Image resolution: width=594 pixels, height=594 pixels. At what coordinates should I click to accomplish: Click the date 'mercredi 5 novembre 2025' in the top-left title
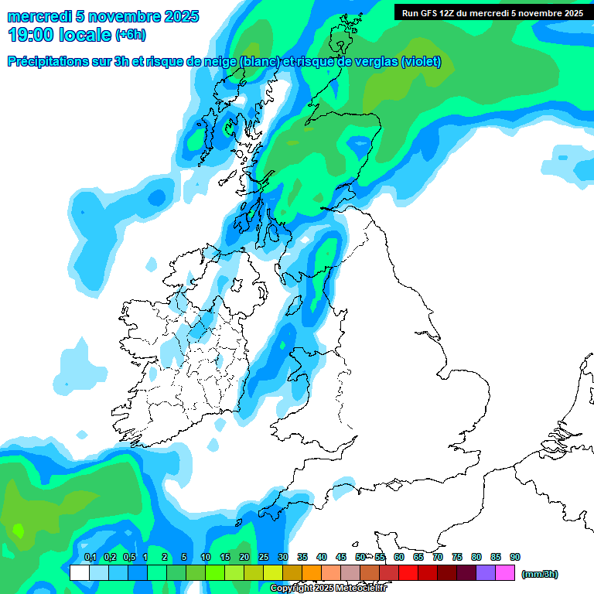(103, 16)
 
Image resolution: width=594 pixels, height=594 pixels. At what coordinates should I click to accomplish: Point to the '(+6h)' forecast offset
(130, 35)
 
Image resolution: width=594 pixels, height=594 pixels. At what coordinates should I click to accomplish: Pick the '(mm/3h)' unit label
(540, 574)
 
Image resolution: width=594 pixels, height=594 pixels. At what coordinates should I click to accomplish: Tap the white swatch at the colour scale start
(79, 573)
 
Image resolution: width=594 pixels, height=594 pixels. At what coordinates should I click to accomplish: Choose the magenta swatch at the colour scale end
(505, 573)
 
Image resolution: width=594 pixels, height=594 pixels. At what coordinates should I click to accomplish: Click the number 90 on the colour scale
(515, 557)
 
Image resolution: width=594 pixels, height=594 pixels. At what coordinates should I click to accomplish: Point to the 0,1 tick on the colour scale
(90, 557)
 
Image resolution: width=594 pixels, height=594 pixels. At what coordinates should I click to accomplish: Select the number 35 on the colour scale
(302, 557)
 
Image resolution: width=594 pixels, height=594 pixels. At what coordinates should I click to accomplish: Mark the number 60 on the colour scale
(399, 557)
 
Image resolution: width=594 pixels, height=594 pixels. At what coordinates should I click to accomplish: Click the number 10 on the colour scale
(206, 557)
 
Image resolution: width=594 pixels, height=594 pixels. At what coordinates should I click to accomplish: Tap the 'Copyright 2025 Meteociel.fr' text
(328, 588)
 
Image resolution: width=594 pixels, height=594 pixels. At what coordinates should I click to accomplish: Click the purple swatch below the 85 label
(486, 573)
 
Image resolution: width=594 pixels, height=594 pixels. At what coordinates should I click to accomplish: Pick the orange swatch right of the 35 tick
(312, 573)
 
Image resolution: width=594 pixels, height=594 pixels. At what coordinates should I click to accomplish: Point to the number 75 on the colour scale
(457, 557)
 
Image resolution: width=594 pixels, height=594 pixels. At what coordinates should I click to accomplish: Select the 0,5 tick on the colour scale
(128, 557)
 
